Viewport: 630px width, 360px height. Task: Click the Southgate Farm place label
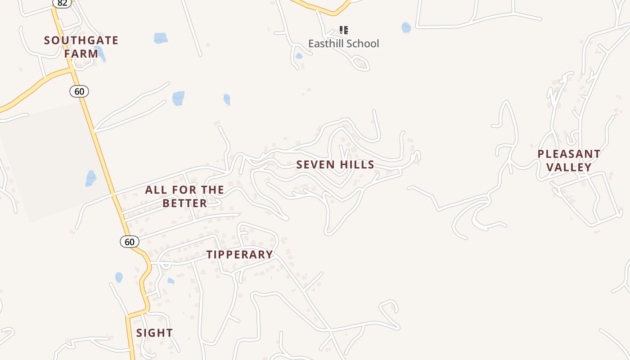(81, 47)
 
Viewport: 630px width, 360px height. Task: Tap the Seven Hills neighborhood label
(335, 165)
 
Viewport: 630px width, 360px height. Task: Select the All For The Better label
(184, 196)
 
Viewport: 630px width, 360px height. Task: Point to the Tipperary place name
(240, 255)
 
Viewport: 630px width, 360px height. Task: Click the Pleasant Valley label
(569, 161)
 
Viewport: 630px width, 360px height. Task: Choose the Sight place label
(154, 333)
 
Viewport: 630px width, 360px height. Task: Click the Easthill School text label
(344, 44)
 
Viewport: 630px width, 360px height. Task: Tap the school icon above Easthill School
(344, 30)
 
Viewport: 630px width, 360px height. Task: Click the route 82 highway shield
(62, 3)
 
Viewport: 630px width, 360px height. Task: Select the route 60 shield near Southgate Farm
(79, 92)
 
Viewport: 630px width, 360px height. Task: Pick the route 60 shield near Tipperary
(130, 242)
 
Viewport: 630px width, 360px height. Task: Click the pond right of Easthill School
(406, 28)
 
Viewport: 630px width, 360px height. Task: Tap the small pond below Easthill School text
(299, 56)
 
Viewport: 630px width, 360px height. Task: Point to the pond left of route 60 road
(91, 178)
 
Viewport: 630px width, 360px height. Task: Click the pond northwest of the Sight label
(119, 277)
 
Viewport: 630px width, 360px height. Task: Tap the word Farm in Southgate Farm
(81, 54)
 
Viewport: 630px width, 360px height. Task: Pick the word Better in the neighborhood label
(184, 203)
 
